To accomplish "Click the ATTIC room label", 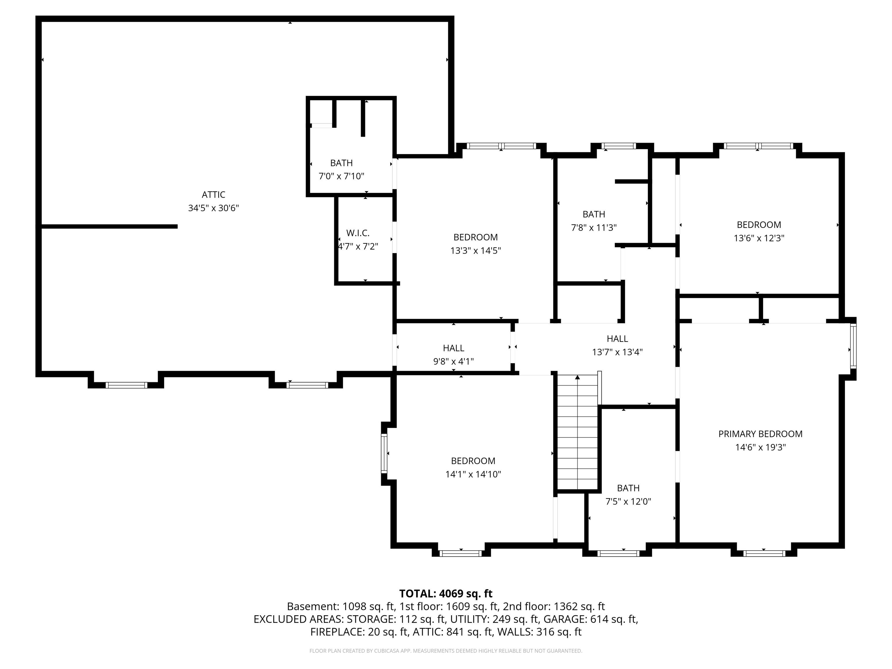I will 213,195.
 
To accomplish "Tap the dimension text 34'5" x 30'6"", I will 213,208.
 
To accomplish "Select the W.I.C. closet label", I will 358,233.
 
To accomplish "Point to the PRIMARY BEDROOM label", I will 760,434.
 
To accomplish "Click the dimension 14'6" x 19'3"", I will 760,447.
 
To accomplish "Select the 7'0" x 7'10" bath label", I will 341,176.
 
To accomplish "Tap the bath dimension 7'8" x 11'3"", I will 594,227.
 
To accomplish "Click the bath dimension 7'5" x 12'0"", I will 628,502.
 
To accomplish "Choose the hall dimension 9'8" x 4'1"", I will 453,361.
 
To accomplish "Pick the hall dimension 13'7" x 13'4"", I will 617,352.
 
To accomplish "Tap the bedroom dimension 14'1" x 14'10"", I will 473,474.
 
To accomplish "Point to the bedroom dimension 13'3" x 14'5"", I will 475,250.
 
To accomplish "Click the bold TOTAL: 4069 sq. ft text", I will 446,594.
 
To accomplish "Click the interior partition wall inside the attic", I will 109,226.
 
